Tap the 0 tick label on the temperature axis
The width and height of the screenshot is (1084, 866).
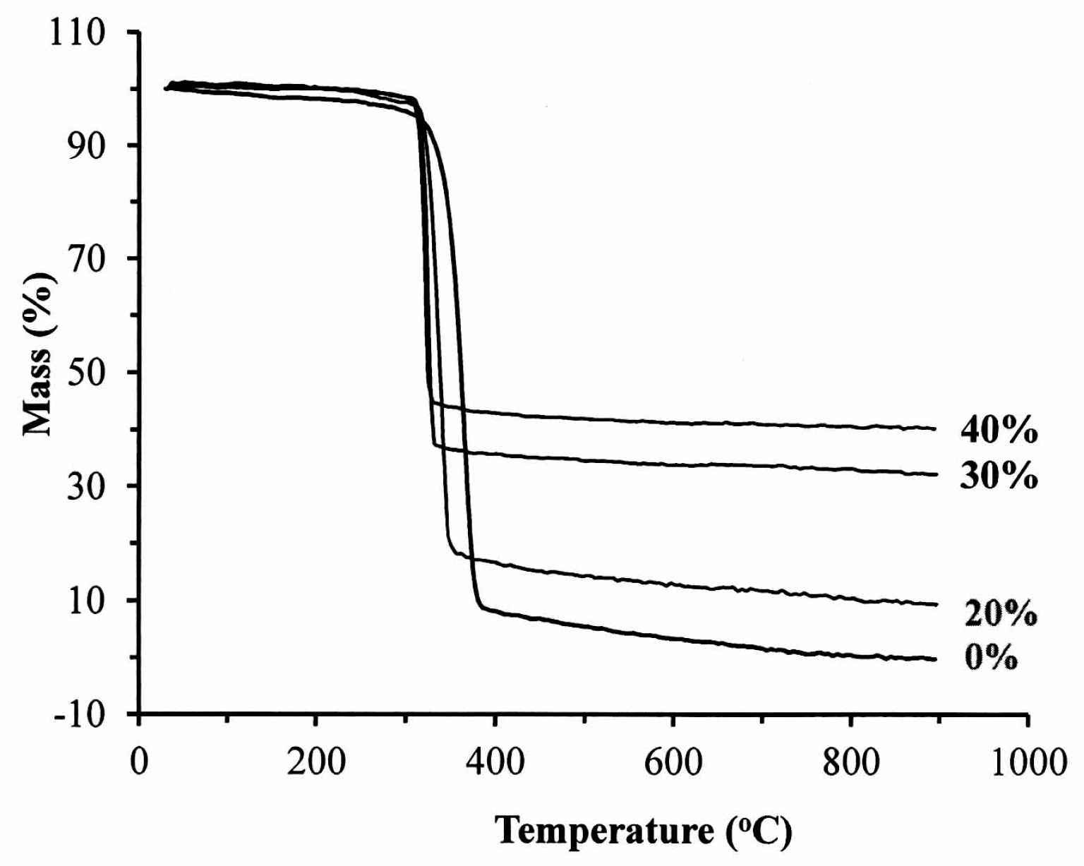coord(139,762)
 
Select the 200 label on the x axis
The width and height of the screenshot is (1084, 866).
coord(315,762)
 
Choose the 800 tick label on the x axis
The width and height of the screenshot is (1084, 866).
coord(851,762)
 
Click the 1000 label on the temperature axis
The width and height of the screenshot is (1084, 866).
coord(1028,762)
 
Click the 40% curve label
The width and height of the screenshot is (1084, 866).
coord(999,430)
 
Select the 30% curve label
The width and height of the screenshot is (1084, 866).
coord(999,476)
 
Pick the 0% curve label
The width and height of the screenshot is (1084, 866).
coord(990,658)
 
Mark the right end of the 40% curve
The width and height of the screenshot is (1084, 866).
coord(935,428)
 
